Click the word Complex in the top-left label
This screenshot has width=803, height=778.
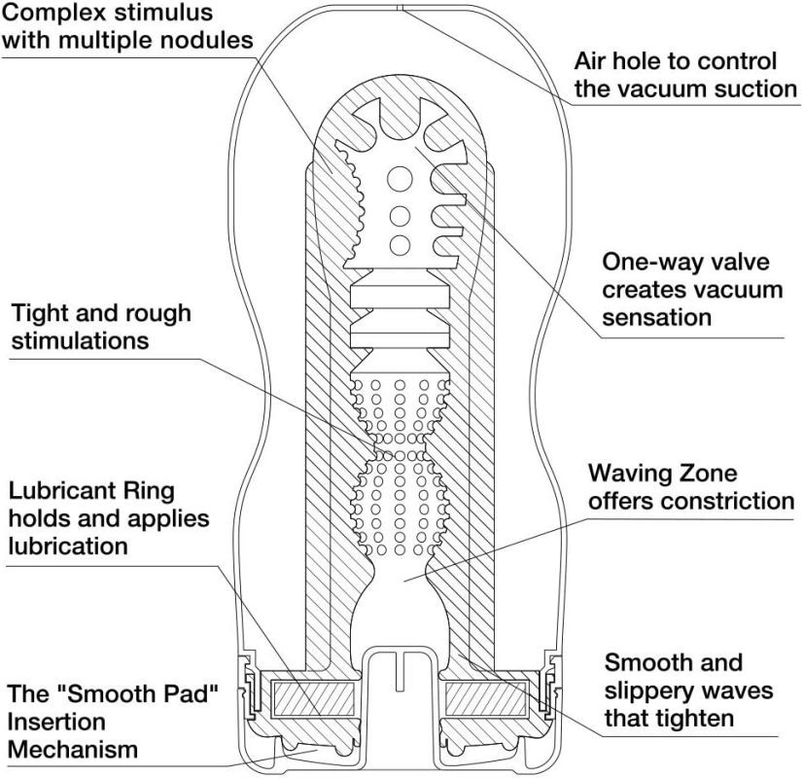(x=53, y=13)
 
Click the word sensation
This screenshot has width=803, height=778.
(x=656, y=317)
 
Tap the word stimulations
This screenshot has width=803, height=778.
(x=80, y=340)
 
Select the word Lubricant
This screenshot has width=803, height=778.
(x=58, y=491)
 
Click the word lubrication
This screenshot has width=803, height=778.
(x=68, y=546)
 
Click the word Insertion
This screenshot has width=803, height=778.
(x=56, y=722)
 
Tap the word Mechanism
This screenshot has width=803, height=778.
(x=73, y=750)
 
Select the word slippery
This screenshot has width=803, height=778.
(x=644, y=691)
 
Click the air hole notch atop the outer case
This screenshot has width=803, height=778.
(x=402, y=7)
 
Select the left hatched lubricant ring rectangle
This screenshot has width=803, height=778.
(x=312, y=699)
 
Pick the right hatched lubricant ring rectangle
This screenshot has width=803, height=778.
(x=485, y=699)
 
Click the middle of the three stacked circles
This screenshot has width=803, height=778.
(x=400, y=216)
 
